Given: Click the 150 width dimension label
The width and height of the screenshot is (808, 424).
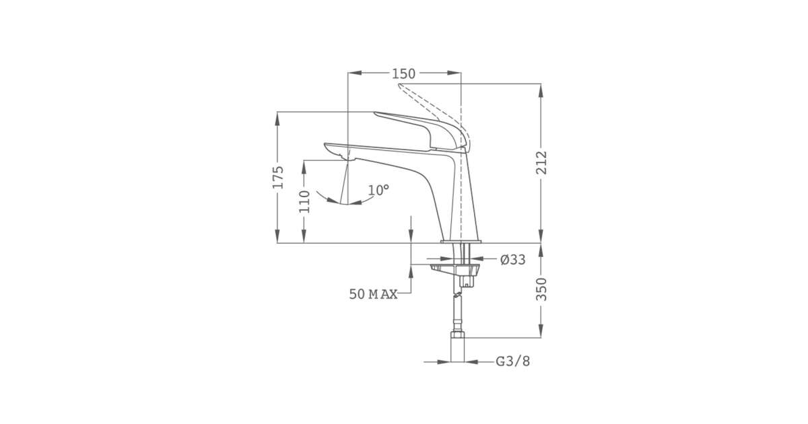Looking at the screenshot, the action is tap(403, 74).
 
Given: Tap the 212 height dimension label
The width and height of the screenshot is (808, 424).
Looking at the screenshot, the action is tap(541, 163).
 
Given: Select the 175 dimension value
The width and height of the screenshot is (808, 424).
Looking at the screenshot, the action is tap(278, 177).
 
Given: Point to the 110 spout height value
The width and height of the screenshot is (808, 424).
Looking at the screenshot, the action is tap(304, 201).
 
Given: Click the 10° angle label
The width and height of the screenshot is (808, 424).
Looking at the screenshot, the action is tap(378, 190).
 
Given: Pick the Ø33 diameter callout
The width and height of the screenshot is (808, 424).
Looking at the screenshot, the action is tap(513, 260).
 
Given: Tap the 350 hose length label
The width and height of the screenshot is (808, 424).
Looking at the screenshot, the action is tap(541, 289).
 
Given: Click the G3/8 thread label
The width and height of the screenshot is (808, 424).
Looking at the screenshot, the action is tap(512, 361).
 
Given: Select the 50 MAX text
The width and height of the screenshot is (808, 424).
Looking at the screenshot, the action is tap(373, 295).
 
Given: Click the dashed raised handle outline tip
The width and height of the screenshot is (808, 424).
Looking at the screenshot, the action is tap(399, 85).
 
